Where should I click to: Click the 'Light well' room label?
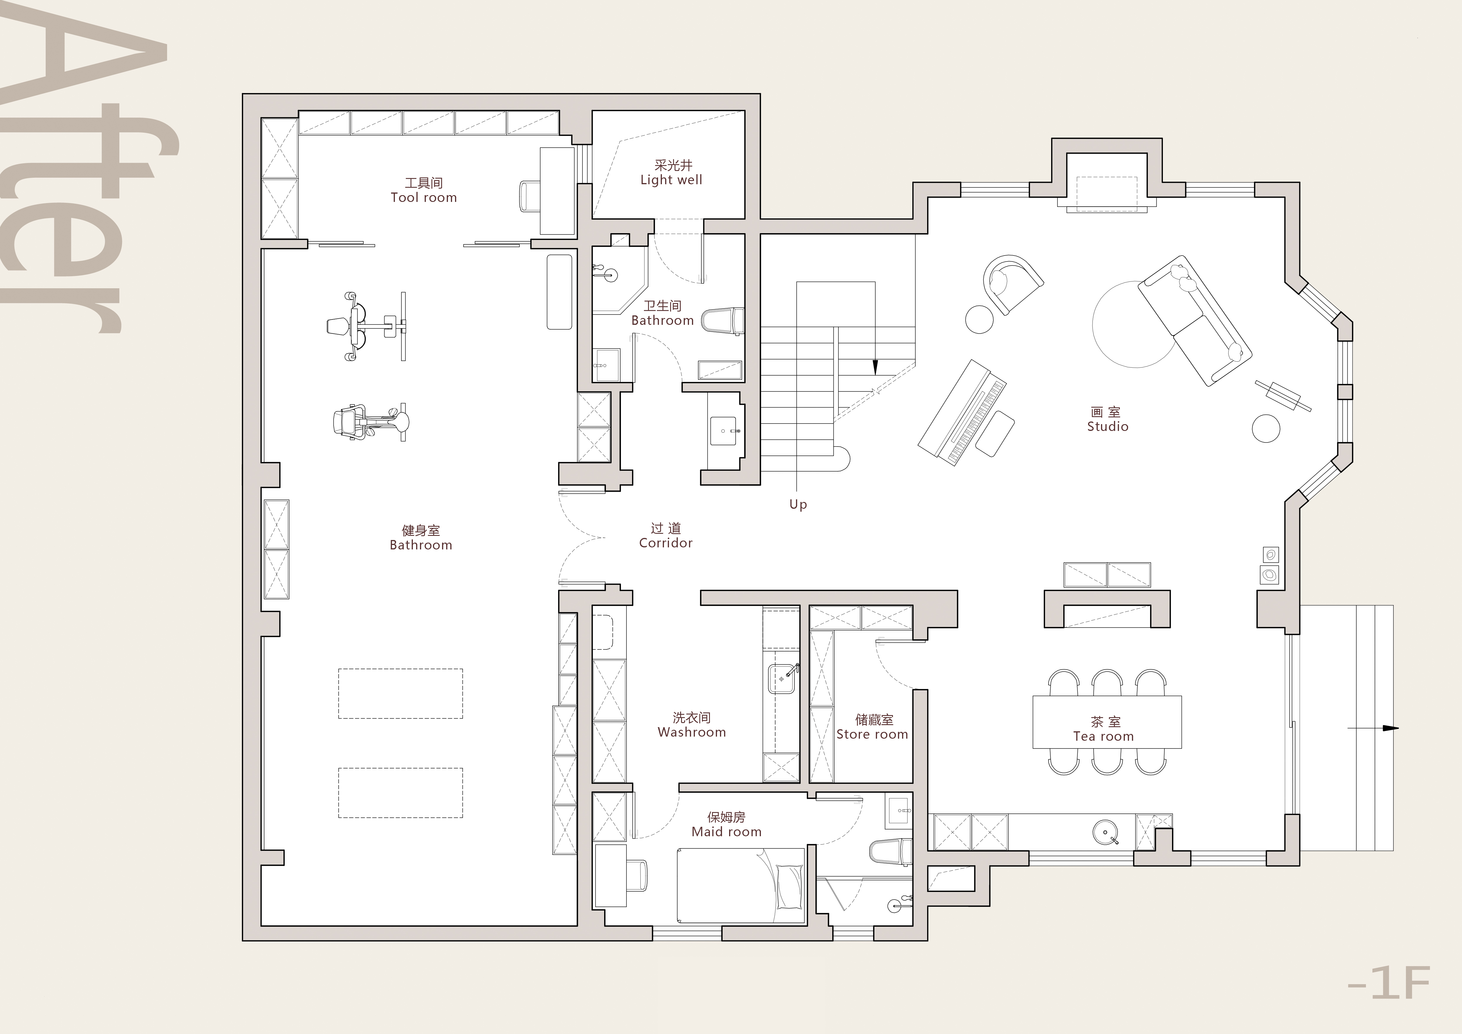tap(671, 180)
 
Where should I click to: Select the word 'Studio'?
tap(1107, 427)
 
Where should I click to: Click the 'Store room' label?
tap(872, 734)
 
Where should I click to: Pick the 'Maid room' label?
tap(726, 832)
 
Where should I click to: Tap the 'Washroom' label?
tap(692, 732)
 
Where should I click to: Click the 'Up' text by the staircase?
tap(798, 504)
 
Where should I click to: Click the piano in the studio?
tap(962, 413)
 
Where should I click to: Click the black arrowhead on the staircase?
tap(875, 367)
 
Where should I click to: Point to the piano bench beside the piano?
tap(995, 434)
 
